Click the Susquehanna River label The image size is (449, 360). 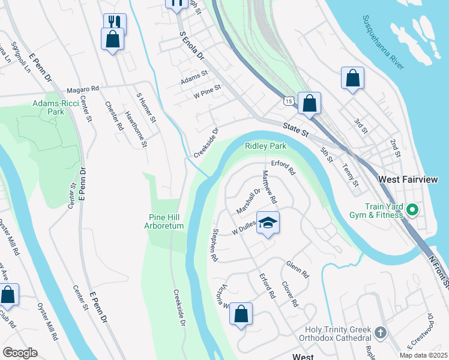click(384, 43)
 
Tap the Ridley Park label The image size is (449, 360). click(265, 146)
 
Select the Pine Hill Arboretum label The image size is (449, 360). click(164, 221)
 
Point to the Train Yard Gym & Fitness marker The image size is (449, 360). click(412, 210)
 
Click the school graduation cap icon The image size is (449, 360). click(268, 222)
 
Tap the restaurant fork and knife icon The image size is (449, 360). click(115, 22)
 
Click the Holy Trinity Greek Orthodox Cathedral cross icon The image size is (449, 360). click(379, 332)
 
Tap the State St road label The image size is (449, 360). click(296, 128)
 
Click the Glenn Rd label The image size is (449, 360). click(297, 269)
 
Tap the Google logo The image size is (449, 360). click(20, 353)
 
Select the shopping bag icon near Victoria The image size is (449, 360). click(241, 313)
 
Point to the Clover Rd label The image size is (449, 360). click(289, 295)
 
